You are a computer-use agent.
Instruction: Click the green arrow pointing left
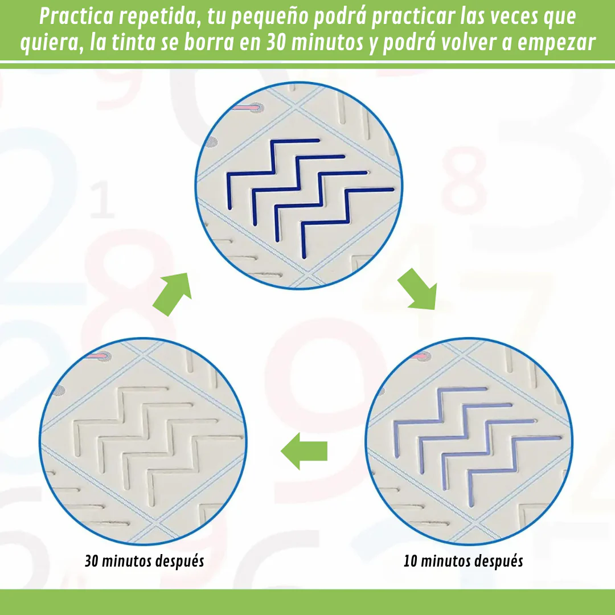[x=304, y=451]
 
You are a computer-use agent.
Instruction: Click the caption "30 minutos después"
[x=144, y=561]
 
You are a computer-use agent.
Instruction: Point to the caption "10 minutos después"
[x=463, y=561]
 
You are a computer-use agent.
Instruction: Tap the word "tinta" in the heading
[x=133, y=42]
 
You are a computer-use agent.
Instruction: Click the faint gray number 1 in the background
[x=102, y=199]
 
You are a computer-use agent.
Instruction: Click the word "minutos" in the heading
[x=327, y=42]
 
